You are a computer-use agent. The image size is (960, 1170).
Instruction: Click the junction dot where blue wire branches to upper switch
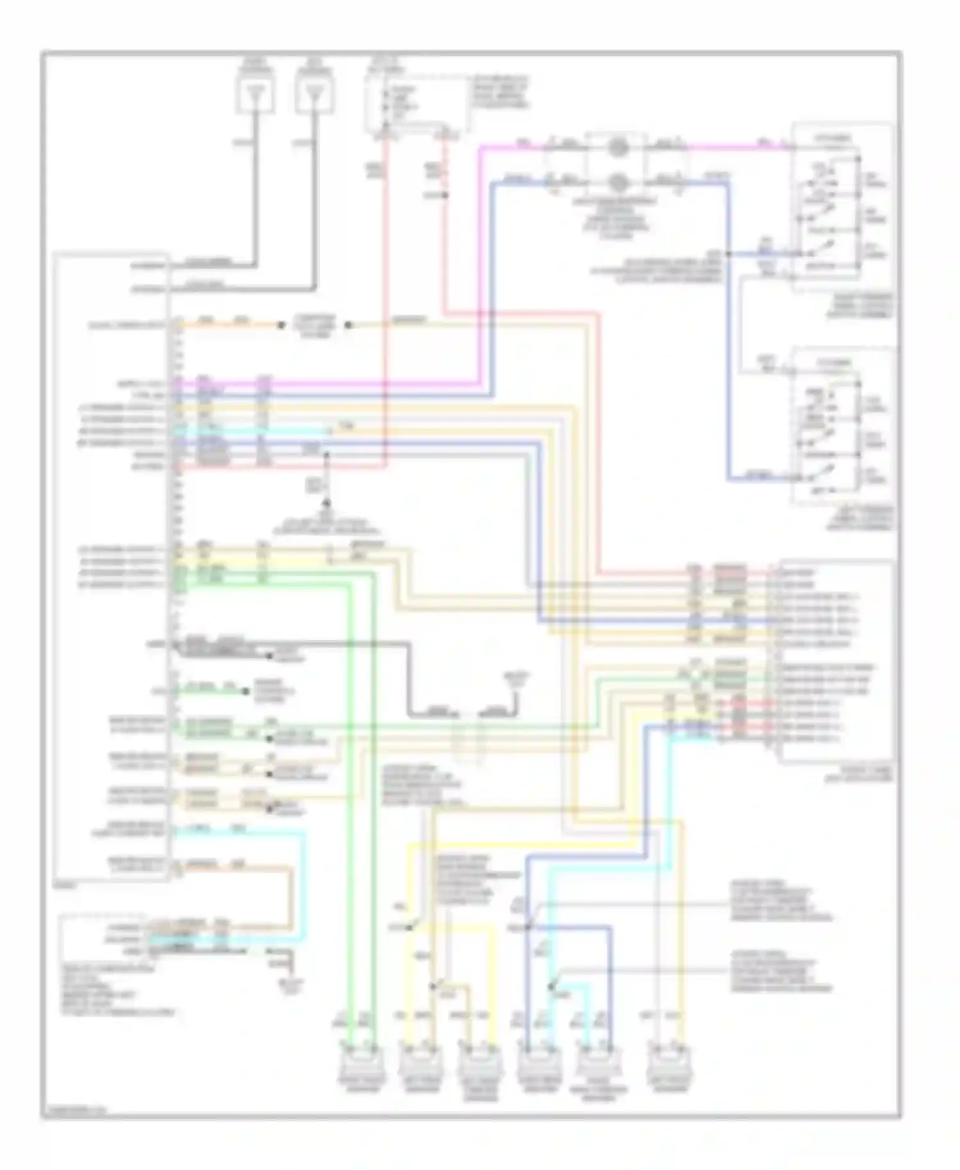pyautogui.click(x=728, y=254)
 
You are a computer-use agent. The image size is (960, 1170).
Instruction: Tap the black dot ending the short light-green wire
pyautogui.click(x=244, y=691)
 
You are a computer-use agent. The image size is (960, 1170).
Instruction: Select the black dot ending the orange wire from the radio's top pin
pyautogui.click(x=281, y=325)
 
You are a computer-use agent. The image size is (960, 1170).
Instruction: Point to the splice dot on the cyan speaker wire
pyautogui.click(x=551, y=987)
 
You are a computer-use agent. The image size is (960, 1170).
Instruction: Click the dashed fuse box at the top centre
pyautogui.click(x=416, y=102)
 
